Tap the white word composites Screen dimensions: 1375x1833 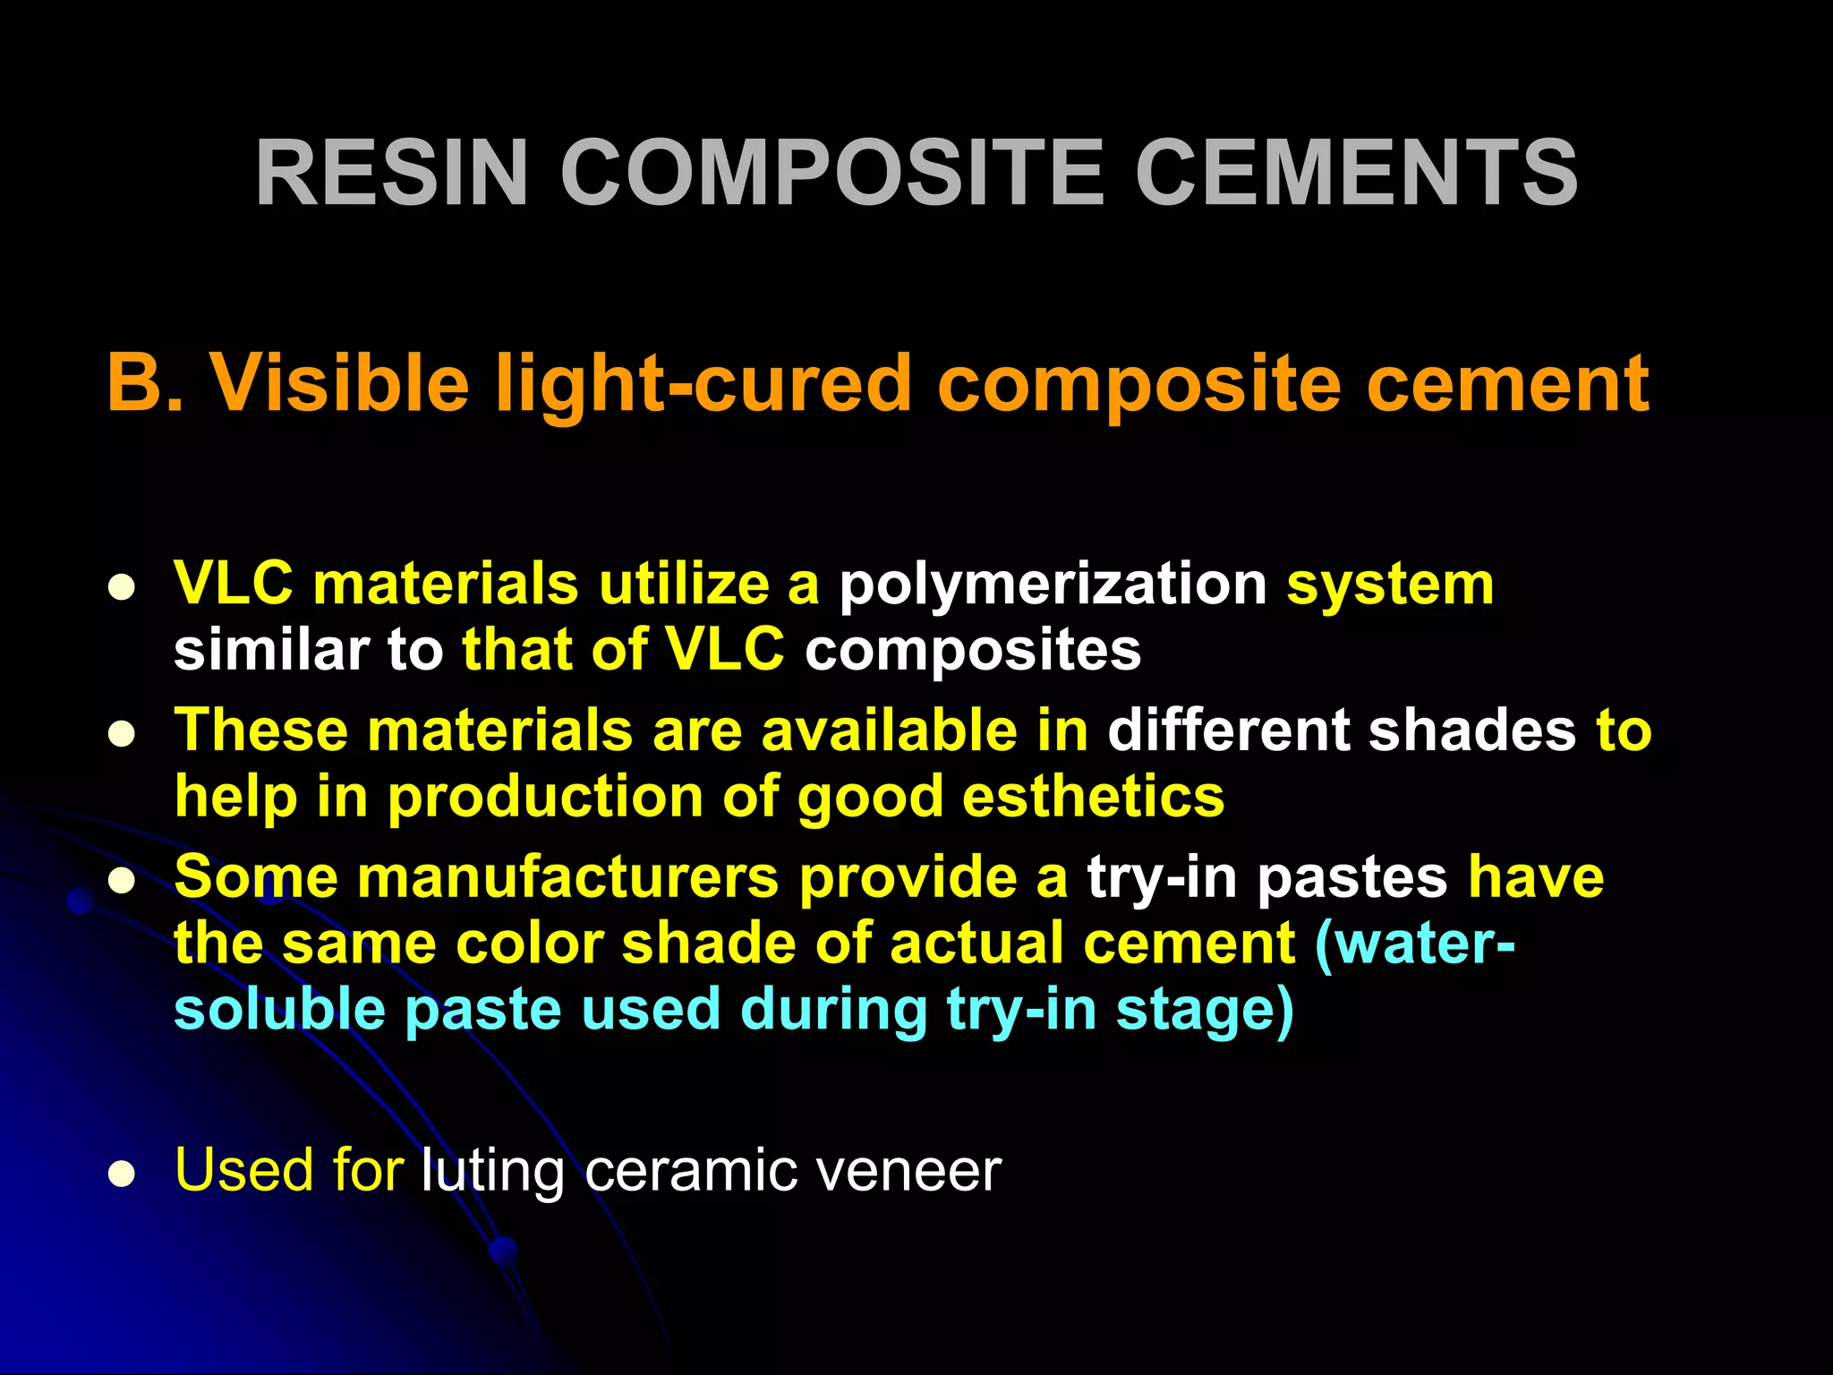coord(972,649)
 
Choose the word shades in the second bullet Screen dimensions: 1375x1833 coord(1471,730)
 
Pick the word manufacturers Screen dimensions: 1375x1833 coord(568,877)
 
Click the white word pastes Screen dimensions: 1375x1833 coord(1352,877)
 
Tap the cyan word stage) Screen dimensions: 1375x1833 coord(1205,1012)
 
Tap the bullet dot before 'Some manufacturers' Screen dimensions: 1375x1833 coord(121,882)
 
